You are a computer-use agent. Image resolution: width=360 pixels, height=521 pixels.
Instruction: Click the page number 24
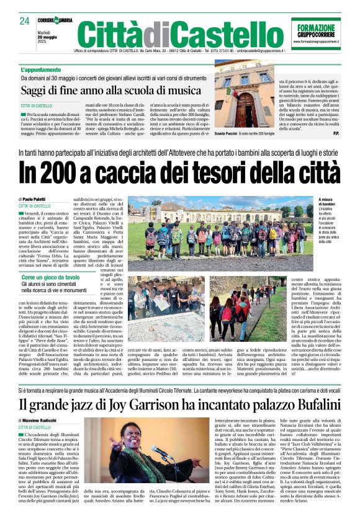point(25,21)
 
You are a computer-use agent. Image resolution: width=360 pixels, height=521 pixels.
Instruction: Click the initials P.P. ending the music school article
point(335,133)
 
